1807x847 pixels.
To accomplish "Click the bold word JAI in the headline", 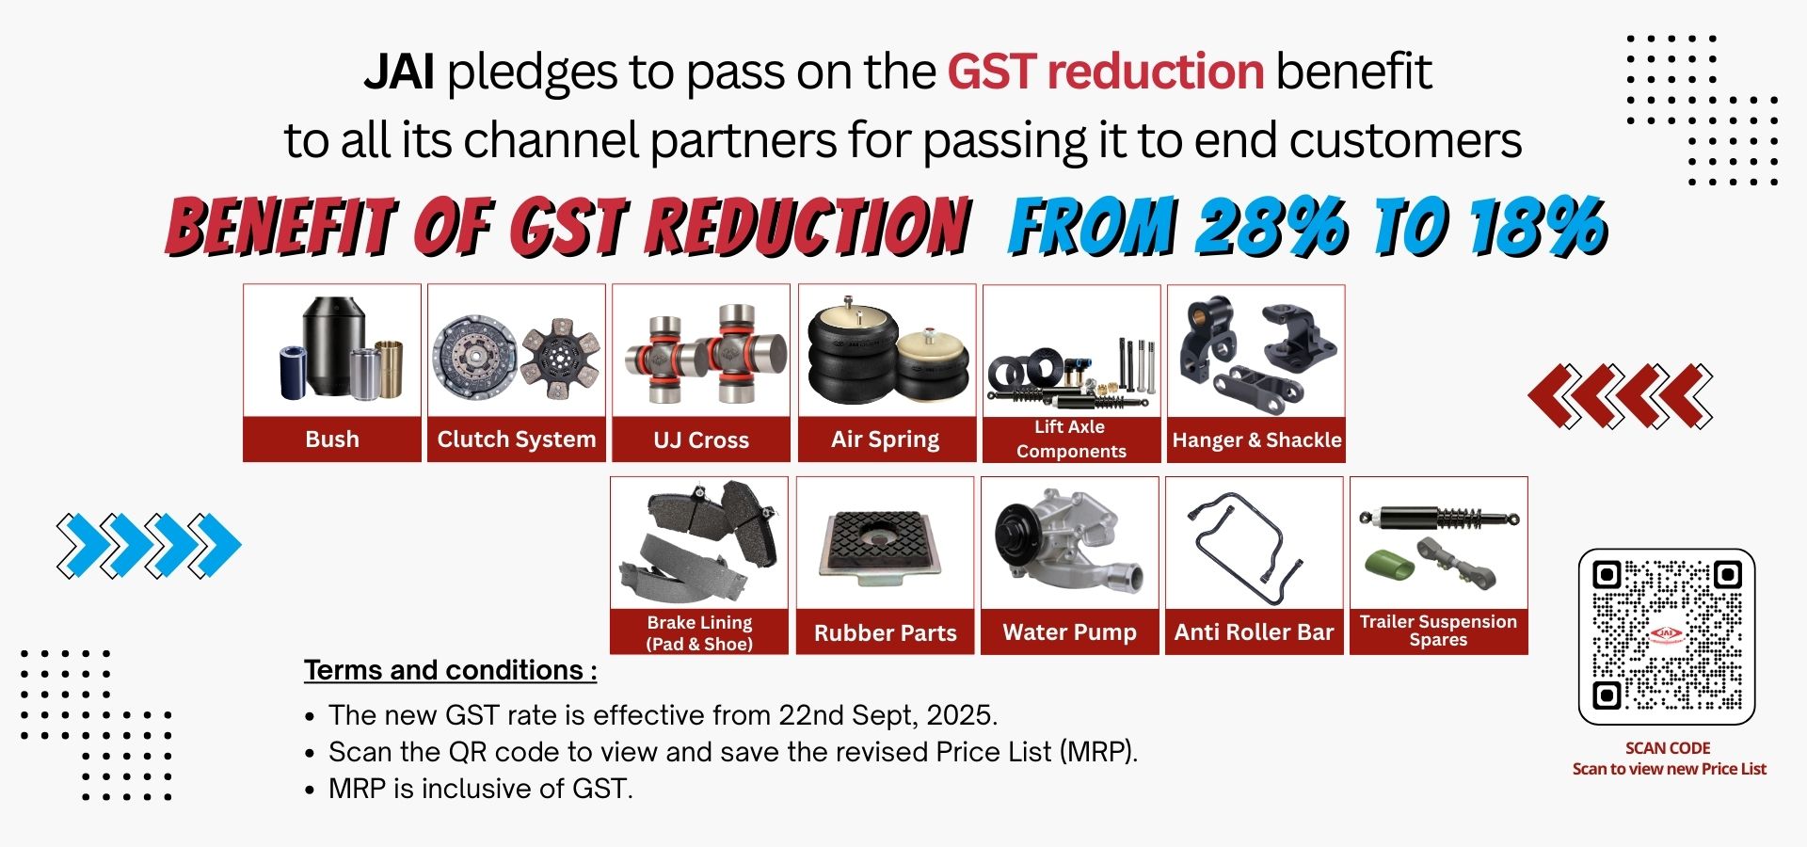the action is tap(399, 72).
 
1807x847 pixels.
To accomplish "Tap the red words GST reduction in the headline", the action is tap(1105, 72).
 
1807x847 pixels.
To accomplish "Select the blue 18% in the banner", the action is tap(1537, 227).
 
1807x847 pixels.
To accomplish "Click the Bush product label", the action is tap(332, 439).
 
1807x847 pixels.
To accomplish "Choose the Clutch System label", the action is tap(517, 439).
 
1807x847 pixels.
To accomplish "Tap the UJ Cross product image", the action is tap(701, 352).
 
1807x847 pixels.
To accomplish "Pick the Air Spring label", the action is tap(886, 439).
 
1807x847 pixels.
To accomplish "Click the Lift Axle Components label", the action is tap(1071, 439).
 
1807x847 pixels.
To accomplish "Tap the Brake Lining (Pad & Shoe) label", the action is tap(699, 632).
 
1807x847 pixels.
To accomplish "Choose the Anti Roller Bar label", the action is tap(1255, 632).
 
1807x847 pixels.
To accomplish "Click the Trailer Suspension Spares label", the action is tap(1439, 631).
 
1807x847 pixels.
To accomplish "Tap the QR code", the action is tap(1667, 636).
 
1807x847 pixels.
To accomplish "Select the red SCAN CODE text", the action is tap(1668, 748).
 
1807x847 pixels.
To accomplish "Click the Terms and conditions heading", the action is tap(450, 670).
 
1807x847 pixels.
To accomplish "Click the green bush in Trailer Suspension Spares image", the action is tap(1390, 565).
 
